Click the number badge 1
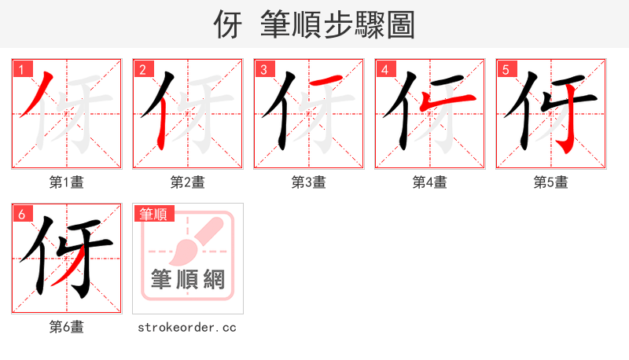pyautogui.click(x=21, y=70)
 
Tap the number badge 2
pyautogui.click(x=142, y=70)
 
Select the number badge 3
pyautogui.click(x=263, y=70)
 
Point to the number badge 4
pyautogui.click(x=384, y=70)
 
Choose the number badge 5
pyautogui.click(x=506, y=70)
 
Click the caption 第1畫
pyautogui.click(x=67, y=182)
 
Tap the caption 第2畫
pyautogui.click(x=188, y=182)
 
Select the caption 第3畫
pyautogui.click(x=309, y=182)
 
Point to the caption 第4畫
pyautogui.click(x=430, y=182)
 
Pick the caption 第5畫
pyautogui.click(x=551, y=182)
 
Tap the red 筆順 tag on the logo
pyautogui.click(x=154, y=214)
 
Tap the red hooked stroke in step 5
pyautogui.click(x=565, y=126)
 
